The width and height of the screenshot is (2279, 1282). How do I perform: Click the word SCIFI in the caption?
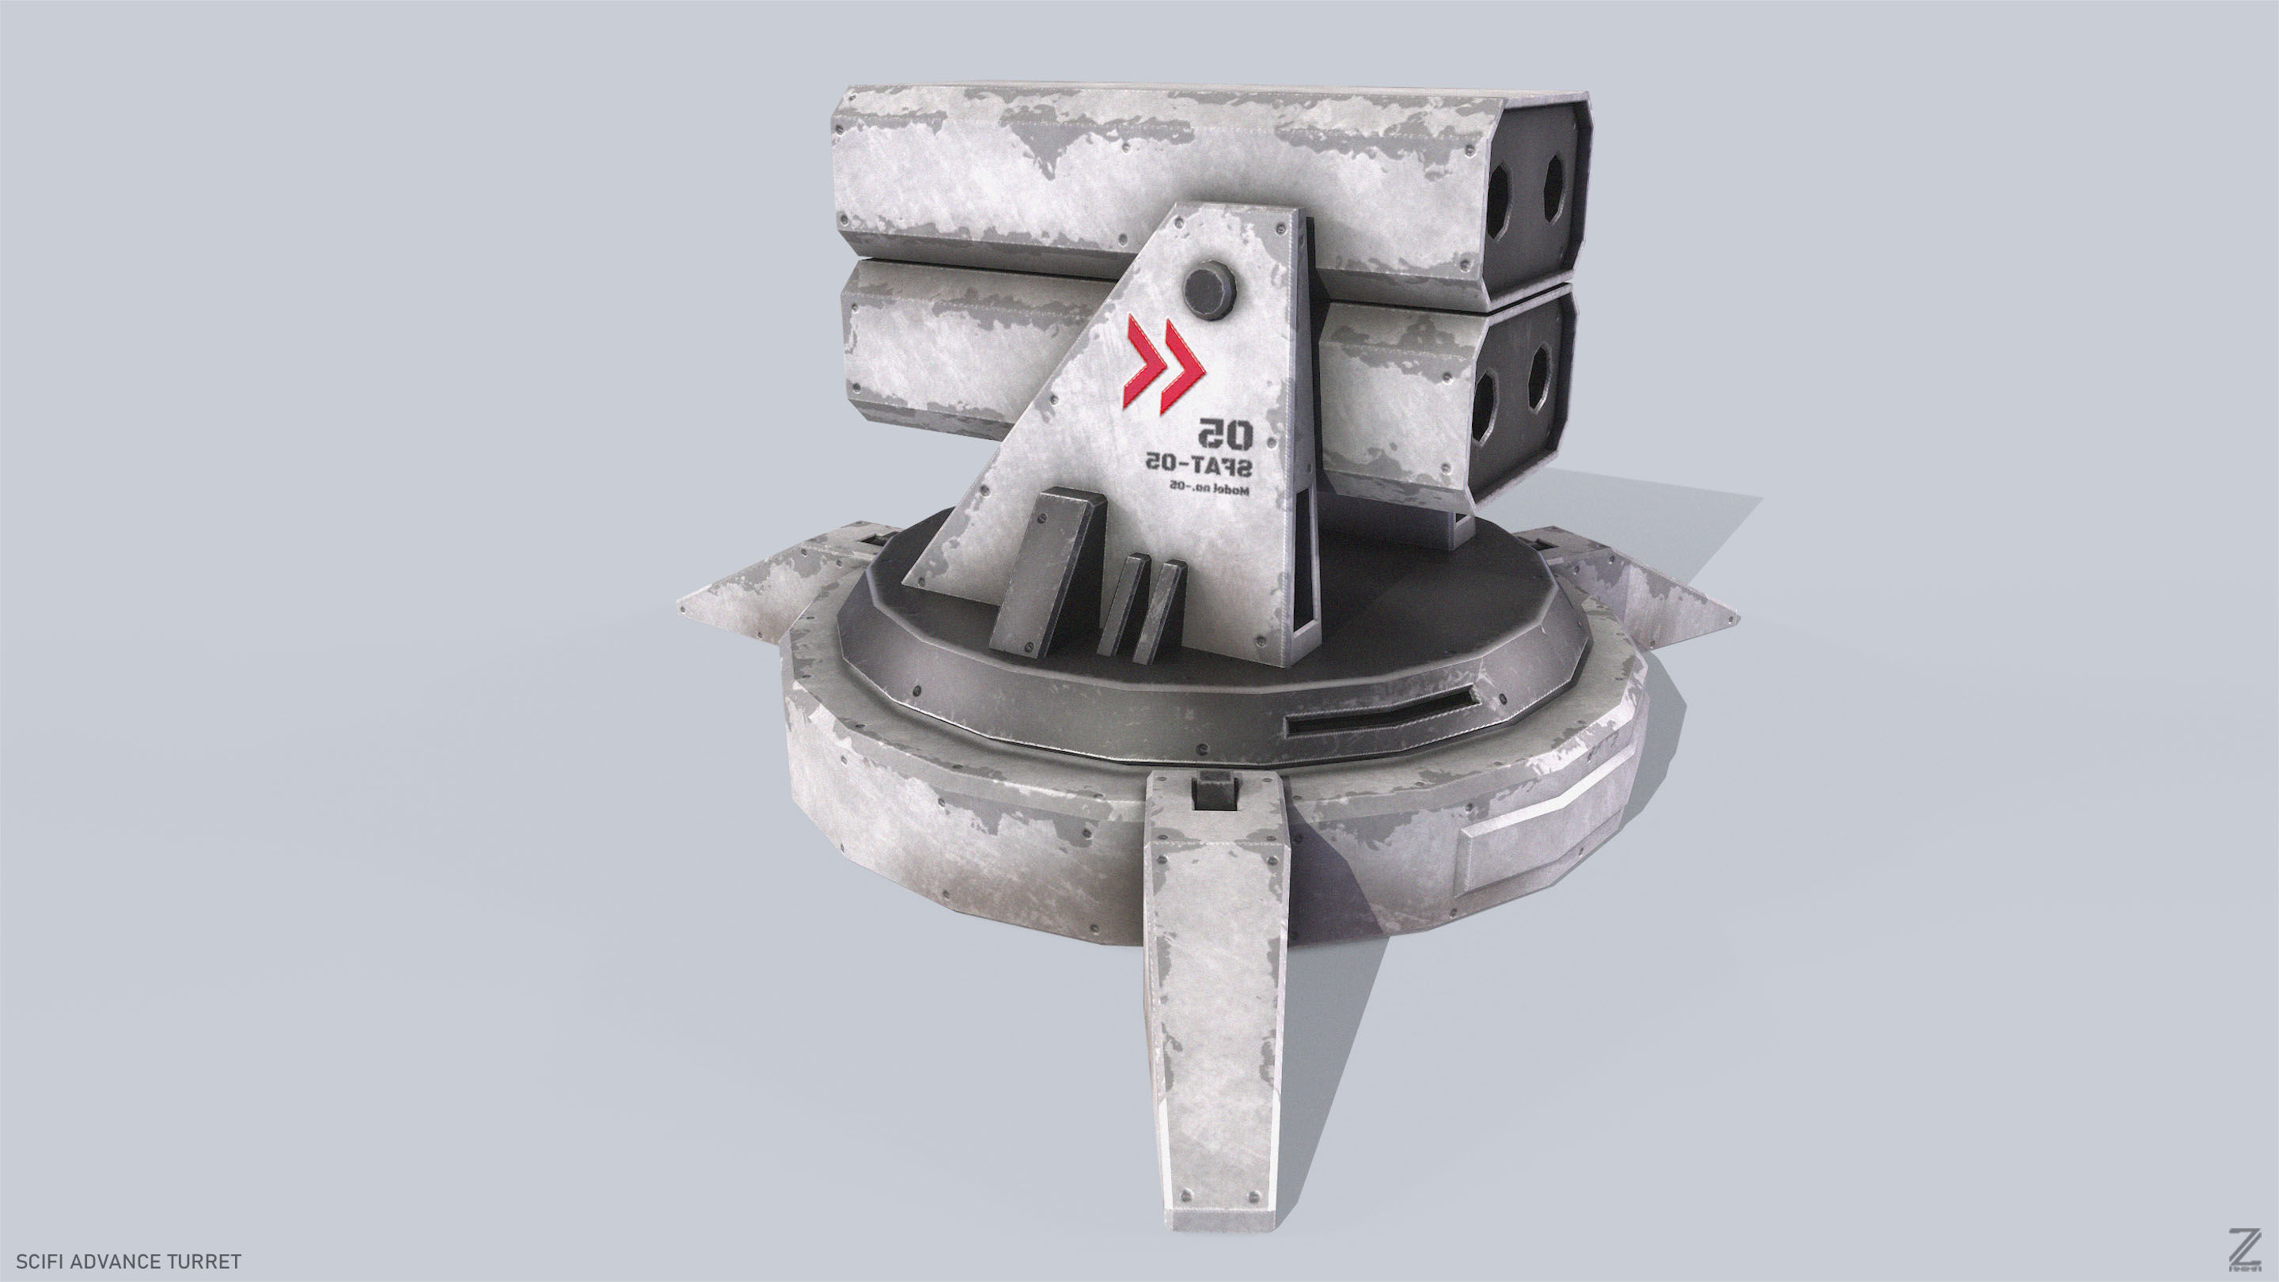click(39, 1261)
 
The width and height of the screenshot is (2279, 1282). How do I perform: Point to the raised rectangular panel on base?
click(1540, 857)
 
